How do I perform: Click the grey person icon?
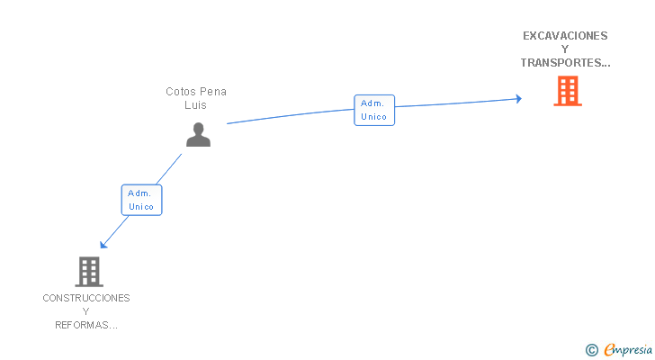coord(198,134)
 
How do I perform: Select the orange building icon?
coord(567,91)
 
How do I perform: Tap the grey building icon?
coord(88,271)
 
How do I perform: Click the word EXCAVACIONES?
coord(565,36)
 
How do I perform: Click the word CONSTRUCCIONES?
coord(86,298)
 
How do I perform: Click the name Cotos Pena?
coord(196,92)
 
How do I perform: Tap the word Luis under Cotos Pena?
coord(196,105)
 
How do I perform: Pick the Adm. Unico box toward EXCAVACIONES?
coord(373,110)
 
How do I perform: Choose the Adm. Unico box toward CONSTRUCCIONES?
coord(141,200)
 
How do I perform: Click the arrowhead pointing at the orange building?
coord(518,98)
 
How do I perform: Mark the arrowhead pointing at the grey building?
coord(104,244)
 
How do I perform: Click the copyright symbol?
coord(591,349)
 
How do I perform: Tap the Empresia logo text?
coord(625,349)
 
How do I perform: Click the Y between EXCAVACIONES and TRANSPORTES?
coord(565,49)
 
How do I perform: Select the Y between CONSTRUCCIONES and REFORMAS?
coord(86,311)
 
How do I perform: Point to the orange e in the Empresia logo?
coord(609,349)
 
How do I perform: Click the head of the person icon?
coord(198,128)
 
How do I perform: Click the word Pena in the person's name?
coord(213,92)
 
